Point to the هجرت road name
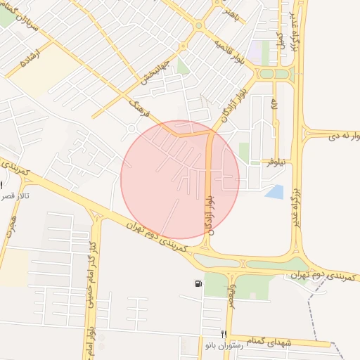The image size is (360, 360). (x=10, y=221)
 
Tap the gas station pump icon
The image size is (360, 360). (x=198, y=283)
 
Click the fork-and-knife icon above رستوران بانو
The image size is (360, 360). (x=224, y=334)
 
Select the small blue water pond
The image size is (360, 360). (x=275, y=191)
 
